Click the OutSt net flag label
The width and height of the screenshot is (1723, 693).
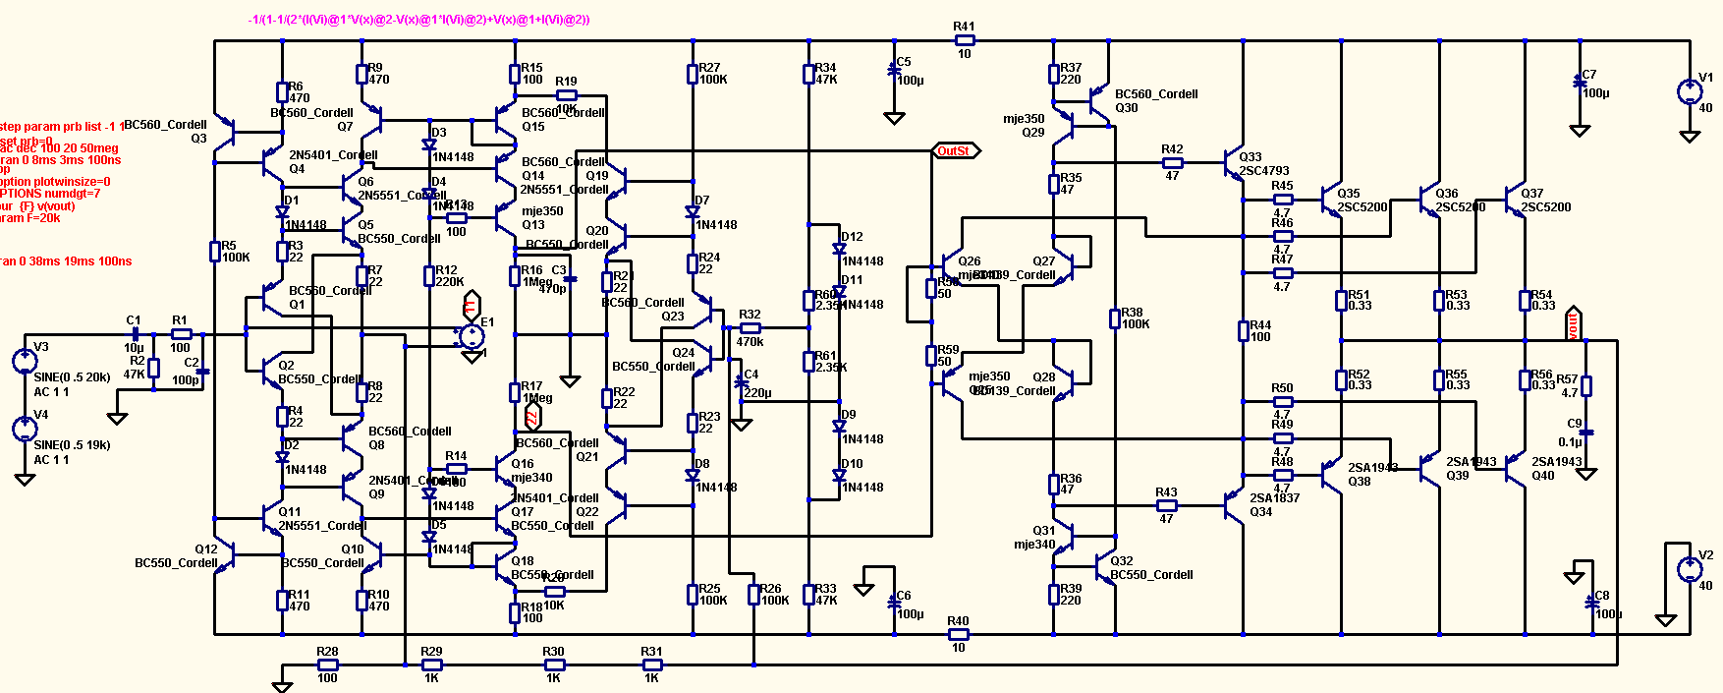955,151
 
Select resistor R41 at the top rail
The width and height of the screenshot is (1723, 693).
965,40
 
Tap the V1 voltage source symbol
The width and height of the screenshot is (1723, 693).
1690,92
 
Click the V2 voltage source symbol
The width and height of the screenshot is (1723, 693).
1690,570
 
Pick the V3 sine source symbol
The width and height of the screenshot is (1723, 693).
25,361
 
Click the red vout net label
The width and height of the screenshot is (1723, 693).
1573,323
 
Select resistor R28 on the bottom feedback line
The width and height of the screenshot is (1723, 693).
327,665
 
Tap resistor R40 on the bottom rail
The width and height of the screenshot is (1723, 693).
958,634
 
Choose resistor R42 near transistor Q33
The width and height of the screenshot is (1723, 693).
1172,163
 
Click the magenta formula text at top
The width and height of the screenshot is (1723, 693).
419,20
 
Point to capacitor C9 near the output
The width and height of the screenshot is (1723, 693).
1585,433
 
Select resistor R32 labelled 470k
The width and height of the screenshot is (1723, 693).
750,328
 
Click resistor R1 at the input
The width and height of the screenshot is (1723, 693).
181,334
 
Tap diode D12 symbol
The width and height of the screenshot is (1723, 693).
839,250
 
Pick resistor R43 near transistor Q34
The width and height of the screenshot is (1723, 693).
1166,506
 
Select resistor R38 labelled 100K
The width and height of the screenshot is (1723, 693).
1115,318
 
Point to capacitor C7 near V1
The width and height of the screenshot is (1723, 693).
1580,83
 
